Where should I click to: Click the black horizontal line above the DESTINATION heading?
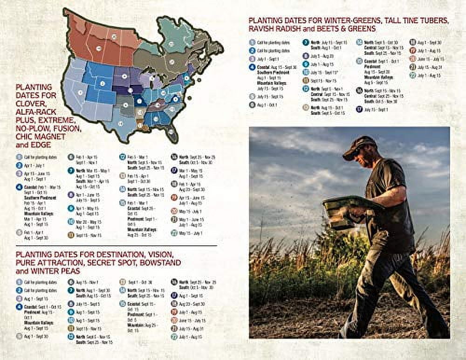pos(116,246)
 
